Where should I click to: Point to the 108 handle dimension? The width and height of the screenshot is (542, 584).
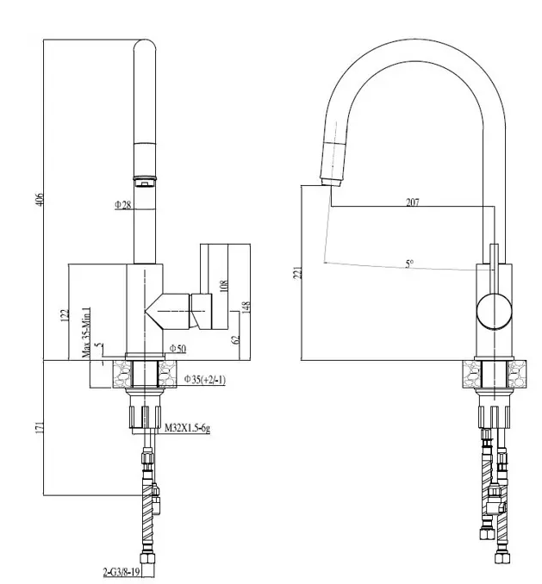click(x=223, y=285)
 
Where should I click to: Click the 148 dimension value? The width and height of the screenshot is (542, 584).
click(x=246, y=308)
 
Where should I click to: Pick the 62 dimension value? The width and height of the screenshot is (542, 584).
click(x=235, y=339)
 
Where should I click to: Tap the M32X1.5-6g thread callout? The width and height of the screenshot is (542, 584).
click(x=187, y=428)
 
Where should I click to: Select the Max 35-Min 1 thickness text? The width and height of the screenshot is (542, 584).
click(x=86, y=332)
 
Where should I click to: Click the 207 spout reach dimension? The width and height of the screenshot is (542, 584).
click(x=412, y=202)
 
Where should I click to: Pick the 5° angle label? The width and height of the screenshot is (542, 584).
click(x=408, y=264)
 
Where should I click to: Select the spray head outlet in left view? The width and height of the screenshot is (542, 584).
click(x=146, y=180)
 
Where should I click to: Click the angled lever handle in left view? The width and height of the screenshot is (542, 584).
click(x=182, y=308)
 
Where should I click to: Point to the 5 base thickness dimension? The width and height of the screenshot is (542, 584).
click(x=100, y=348)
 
